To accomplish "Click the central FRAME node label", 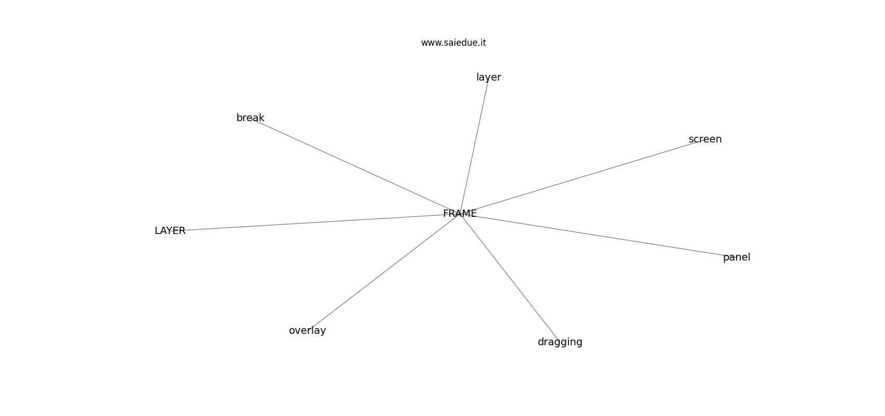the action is tap(460, 214).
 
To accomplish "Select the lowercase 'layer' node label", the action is tap(489, 77).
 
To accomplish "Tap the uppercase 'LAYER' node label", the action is tap(170, 231).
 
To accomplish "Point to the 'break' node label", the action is tap(250, 118).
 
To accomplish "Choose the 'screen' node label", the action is tap(705, 139).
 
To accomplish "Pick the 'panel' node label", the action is tap(737, 257).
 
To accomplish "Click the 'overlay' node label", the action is tap(307, 331).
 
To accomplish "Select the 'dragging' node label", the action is tap(560, 342).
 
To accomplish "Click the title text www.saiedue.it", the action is tap(453, 43).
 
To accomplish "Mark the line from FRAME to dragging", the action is tap(510, 278).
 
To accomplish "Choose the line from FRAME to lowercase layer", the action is tap(474, 145).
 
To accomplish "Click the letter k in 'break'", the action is tap(261, 118).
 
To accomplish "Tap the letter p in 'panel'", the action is tap(726, 258).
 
